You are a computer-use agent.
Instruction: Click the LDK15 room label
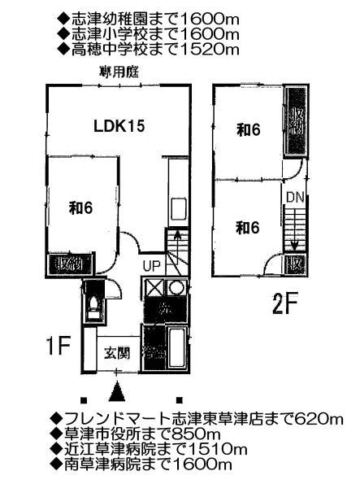(x=119, y=126)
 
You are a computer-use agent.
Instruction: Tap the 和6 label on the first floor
(x=80, y=207)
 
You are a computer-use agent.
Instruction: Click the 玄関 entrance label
(x=118, y=353)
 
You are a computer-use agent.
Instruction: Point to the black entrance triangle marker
(x=118, y=391)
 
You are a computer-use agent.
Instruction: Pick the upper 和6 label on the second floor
(x=248, y=132)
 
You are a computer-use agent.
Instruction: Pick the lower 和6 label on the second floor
(x=248, y=228)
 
